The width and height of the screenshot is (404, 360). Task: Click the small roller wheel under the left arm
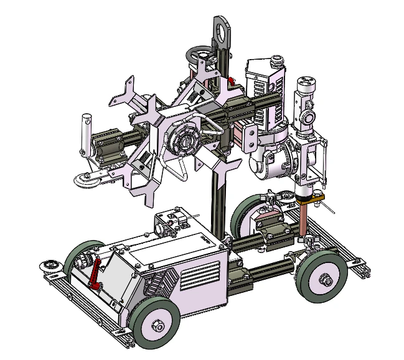[85, 179]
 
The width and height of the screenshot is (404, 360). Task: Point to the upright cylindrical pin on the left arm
[87, 130]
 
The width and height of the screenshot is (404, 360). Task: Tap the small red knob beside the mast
[231, 81]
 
